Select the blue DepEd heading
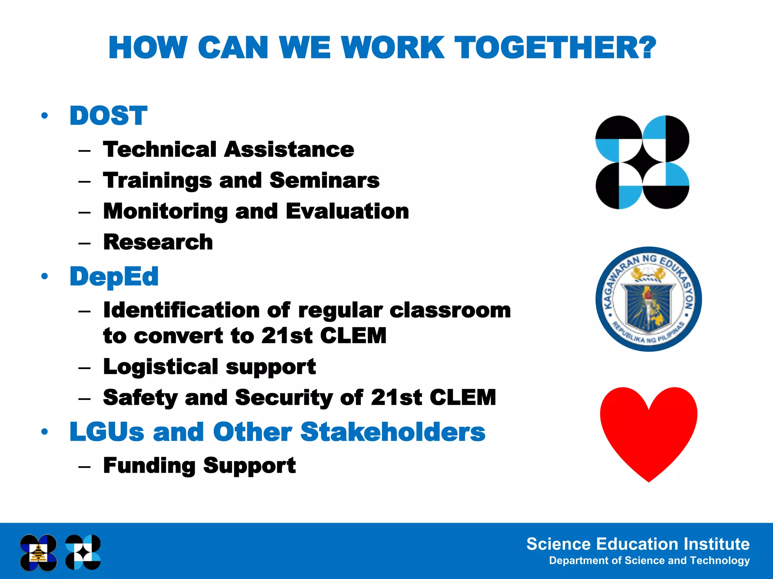click(114, 276)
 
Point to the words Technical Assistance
click(228, 149)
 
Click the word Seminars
click(325, 180)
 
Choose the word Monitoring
click(165, 211)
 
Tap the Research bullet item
click(158, 242)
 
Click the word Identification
click(181, 310)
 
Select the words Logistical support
click(209, 367)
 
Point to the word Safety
click(140, 398)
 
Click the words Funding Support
click(199, 466)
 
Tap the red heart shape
click(648, 430)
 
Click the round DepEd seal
click(648, 299)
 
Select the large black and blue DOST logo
click(642, 162)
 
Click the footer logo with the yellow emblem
click(38, 553)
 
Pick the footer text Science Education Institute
click(638, 544)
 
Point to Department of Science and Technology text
click(649, 561)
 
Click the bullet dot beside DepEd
click(45, 276)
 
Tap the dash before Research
click(85, 243)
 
